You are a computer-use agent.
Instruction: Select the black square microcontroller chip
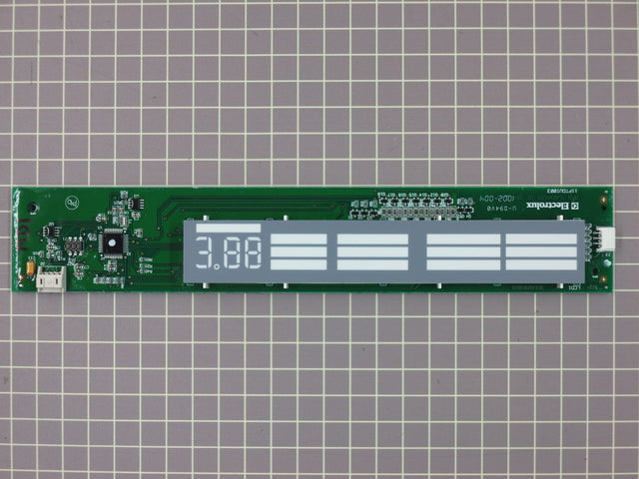[113, 240]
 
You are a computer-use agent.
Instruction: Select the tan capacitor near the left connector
[33, 267]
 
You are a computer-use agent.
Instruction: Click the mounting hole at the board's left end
[35, 211]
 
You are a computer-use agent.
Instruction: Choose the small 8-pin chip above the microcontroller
[124, 214]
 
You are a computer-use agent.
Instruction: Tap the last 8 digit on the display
[253, 254]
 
